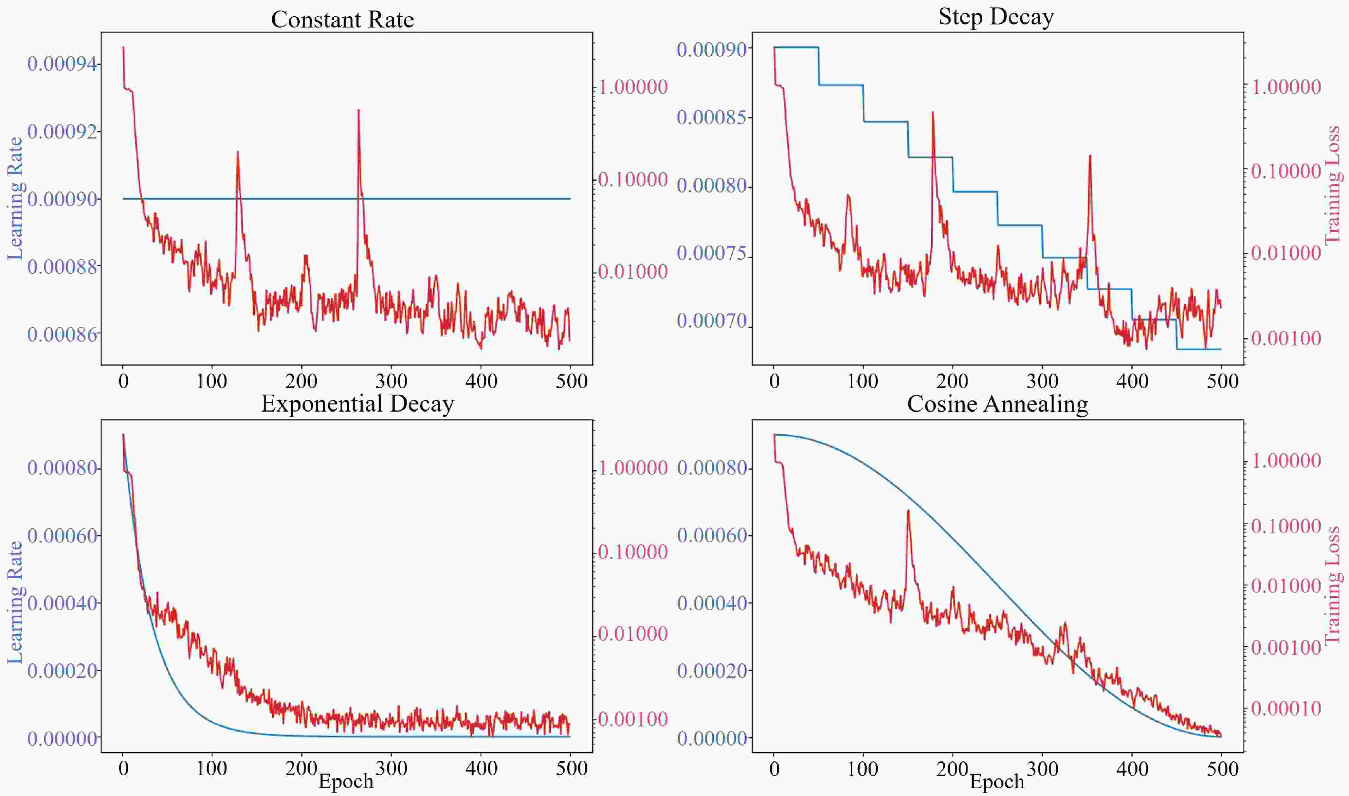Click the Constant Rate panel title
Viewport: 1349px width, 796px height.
[342, 20]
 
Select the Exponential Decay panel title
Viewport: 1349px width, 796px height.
[357, 404]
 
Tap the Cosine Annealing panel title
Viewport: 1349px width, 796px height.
[997, 404]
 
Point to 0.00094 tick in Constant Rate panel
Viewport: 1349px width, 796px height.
[63, 64]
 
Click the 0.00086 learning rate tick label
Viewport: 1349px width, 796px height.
[63, 335]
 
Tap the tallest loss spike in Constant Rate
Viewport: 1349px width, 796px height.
[358, 110]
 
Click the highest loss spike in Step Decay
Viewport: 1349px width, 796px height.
[933, 113]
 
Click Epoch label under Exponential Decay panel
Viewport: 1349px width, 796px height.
[346, 781]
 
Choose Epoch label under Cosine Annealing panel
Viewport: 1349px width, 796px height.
[997, 781]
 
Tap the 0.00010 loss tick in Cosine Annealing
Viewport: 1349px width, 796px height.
[1286, 709]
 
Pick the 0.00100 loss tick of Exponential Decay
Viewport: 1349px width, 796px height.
[633, 719]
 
